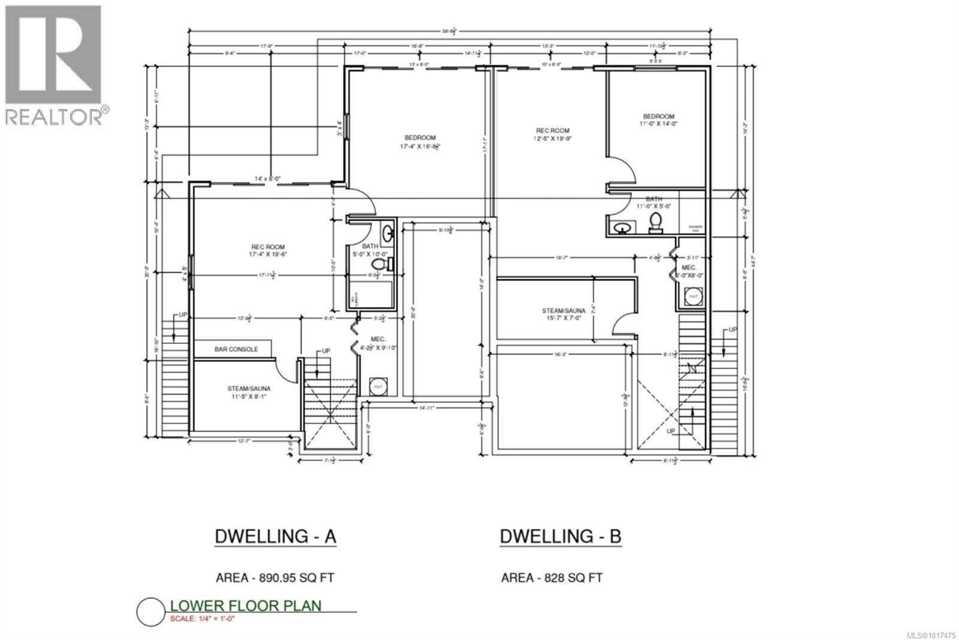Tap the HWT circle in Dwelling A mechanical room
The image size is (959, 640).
[378, 387]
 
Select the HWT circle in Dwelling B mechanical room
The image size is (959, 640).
[693, 296]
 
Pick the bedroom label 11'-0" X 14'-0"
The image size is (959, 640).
[659, 120]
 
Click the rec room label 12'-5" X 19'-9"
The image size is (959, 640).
[552, 134]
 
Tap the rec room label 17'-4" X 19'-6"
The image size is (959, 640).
[267, 250]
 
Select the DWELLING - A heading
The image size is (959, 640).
[275, 536]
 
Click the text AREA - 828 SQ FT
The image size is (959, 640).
[551, 578]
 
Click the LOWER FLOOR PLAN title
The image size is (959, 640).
[246, 606]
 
